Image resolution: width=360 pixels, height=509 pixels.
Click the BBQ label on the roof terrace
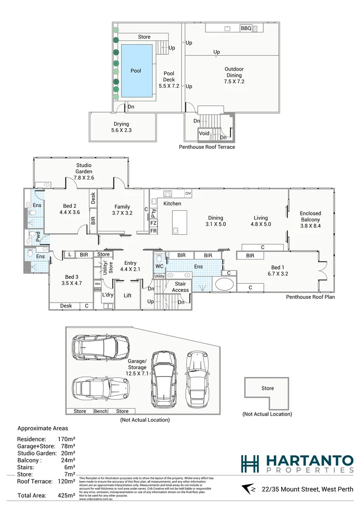tap(246, 28)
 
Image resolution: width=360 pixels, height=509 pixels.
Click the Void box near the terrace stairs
tap(204, 133)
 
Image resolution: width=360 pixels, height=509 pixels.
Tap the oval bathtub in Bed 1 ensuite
tap(224, 285)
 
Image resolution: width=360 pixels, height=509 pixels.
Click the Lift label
tap(127, 296)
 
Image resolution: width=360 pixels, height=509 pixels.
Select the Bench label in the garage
tap(100, 411)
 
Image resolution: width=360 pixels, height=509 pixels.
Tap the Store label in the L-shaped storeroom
tap(267, 388)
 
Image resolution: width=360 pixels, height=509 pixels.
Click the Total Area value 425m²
tap(65, 495)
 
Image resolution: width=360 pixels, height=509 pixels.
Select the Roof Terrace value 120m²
tap(65, 481)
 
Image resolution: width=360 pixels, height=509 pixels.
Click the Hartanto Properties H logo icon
tap(250, 464)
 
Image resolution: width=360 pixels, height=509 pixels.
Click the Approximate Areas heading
tap(42, 428)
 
